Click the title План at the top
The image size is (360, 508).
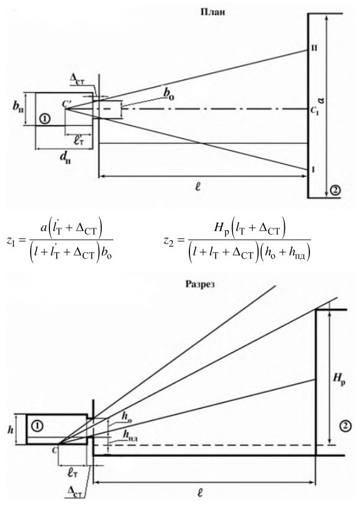point(212,13)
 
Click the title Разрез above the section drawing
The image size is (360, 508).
point(200,284)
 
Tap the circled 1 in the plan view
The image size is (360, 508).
point(44,119)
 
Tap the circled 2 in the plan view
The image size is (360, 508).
point(334,190)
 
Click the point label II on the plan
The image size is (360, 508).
point(314,48)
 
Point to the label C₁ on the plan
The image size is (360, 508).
point(314,111)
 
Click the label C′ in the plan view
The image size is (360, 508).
point(68,104)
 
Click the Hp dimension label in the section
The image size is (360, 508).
point(339,377)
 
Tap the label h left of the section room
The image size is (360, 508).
point(11,430)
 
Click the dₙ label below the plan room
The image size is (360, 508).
point(65,158)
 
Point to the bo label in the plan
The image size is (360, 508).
point(168,93)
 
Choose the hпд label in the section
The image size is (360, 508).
point(131,437)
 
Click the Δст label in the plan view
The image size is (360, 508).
point(77,79)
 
